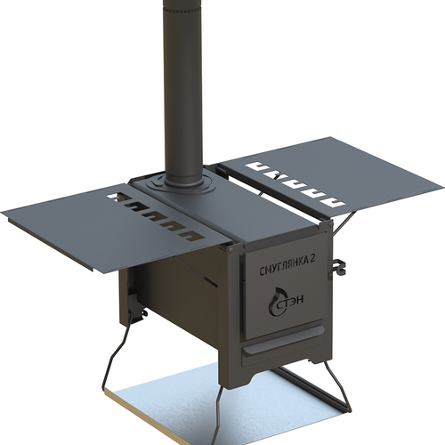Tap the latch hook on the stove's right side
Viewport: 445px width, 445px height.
(337, 267)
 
